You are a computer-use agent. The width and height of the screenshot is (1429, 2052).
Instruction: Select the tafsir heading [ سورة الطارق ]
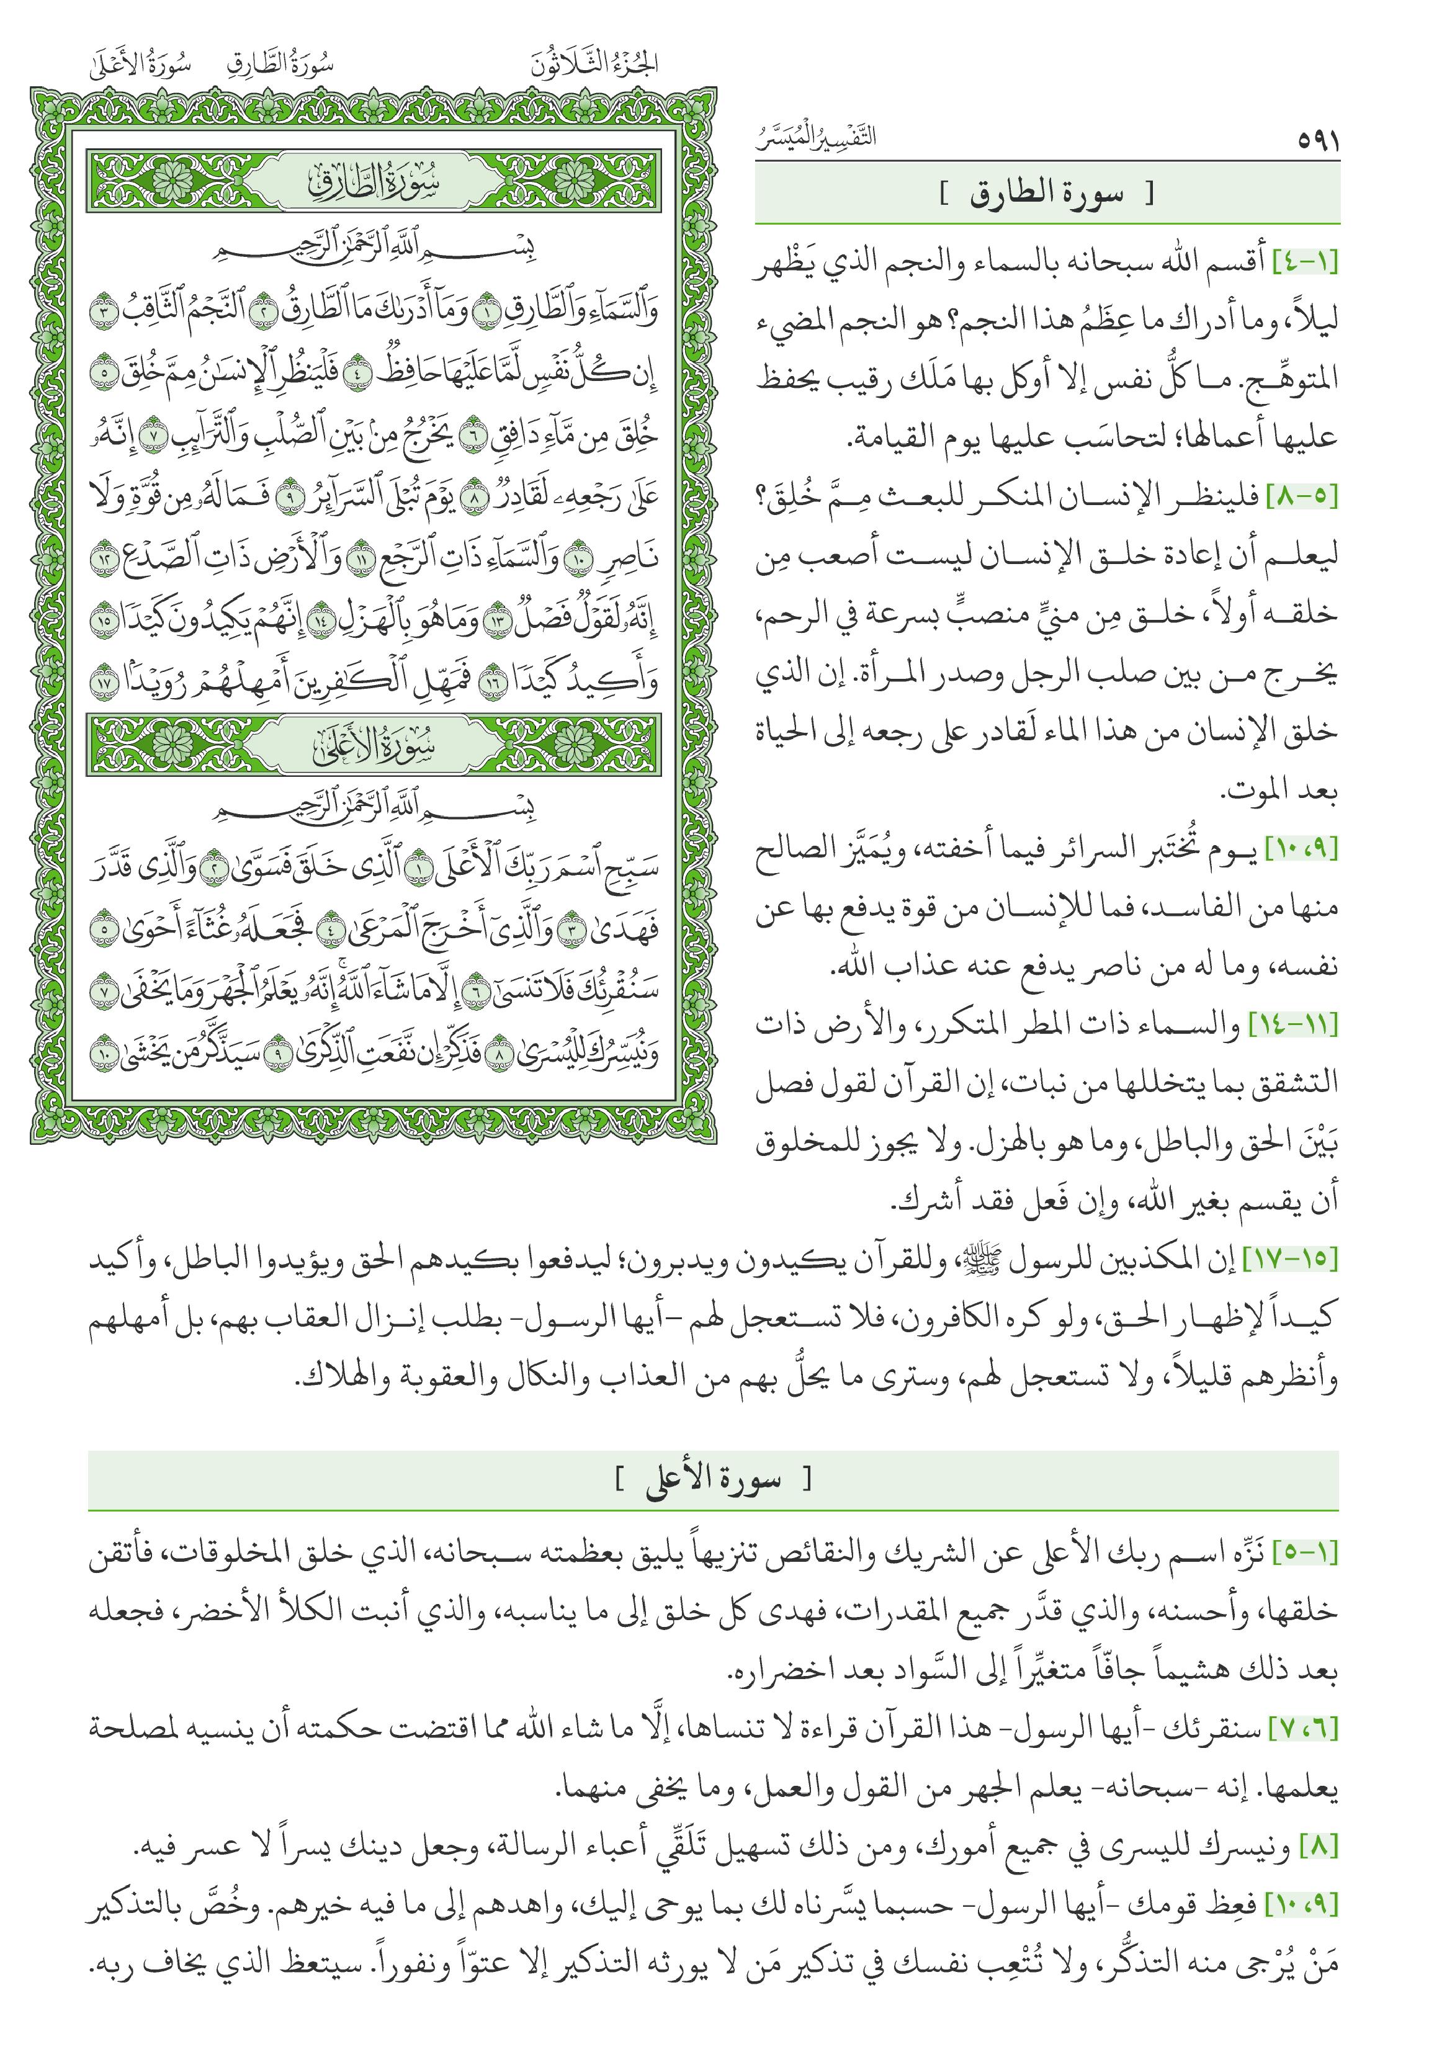point(1047,194)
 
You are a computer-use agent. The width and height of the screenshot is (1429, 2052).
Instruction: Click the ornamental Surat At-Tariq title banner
point(374,182)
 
